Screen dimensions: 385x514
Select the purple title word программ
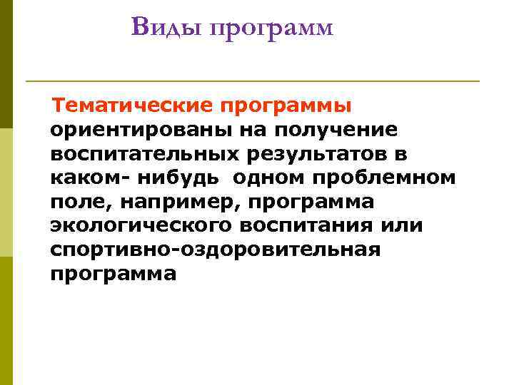pyautogui.click(x=271, y=29)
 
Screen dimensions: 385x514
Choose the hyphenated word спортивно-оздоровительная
pyautogui.click(x=215, y=250)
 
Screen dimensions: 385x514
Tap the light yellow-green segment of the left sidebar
pyautogui.click(x=6, y=192)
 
